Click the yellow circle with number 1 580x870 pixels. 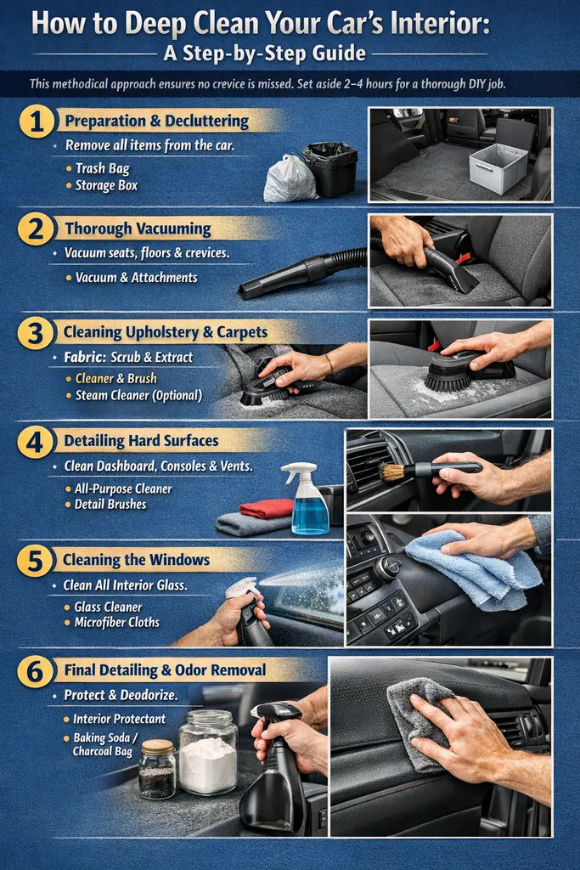[x=36, y=121]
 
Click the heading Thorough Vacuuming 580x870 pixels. [x=138, y=229]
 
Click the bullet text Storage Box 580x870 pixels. [x=106, y=185]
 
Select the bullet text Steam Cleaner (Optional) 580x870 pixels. [x=138, y=395]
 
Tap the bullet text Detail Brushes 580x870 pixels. [x=110, y=504]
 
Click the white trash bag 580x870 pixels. [x=290, y=179]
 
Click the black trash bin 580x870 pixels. [x=330, y=168]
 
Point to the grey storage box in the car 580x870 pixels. [x=498, y=167]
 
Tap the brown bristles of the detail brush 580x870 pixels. [x=391, y=472]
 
